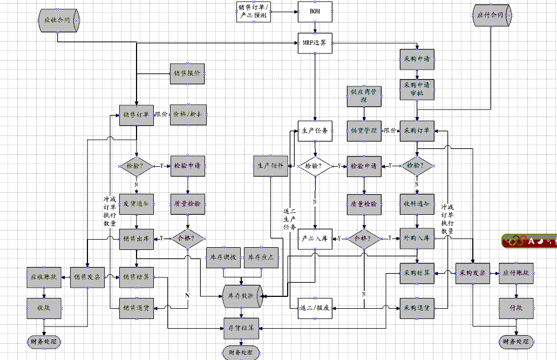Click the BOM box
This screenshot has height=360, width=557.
tap(315, 12)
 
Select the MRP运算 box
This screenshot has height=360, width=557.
tap(315, 43)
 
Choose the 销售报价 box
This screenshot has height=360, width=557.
tap(188, 73)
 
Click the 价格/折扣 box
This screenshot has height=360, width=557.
tap(188, 114)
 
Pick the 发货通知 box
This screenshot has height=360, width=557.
tap(137, 204)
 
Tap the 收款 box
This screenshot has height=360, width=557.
tap(44, 308)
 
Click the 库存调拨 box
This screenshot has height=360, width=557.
tap(224, 258)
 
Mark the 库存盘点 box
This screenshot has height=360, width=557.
tap(262, 258)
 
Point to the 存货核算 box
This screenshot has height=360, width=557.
tap(242, 327)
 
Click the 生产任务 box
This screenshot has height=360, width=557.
tap(315, 131)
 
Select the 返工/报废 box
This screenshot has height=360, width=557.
tap(315, 308)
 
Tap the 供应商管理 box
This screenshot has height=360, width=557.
tap(364, 96)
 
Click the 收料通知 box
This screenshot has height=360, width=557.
tap(417, 204)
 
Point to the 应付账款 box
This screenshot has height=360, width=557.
tap(516, 274)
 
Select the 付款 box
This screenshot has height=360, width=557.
tap(516, 308)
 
